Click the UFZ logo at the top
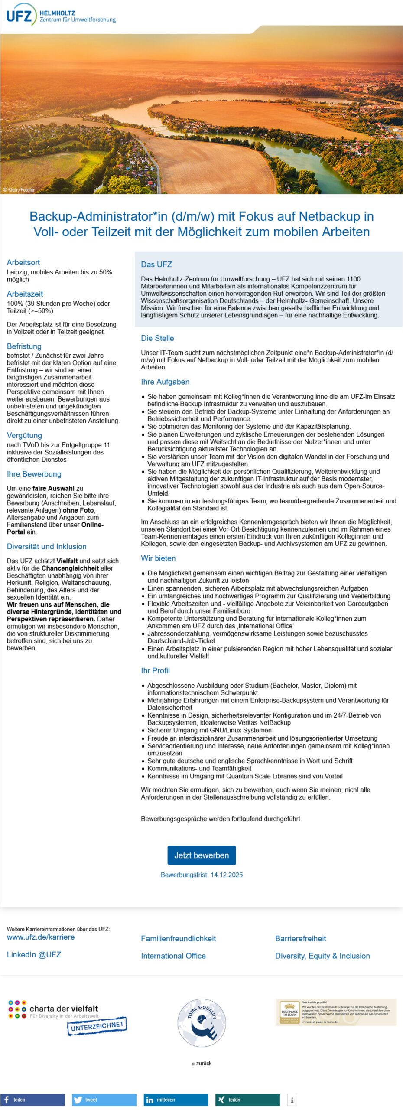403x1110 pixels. click(61, 15)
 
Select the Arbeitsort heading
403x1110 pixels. click(23, 262)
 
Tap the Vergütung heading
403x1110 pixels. click(24, 435)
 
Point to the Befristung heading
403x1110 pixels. click(24, 346)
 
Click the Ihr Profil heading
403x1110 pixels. click(155, 670)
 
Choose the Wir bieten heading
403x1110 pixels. click(158, 558)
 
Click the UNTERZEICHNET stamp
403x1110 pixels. click(97, 1026)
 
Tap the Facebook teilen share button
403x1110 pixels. click(32, 1100)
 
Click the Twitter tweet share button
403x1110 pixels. click(104, 1100)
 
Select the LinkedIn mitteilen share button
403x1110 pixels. click(176, 1100)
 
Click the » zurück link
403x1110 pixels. click(201, 1063)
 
